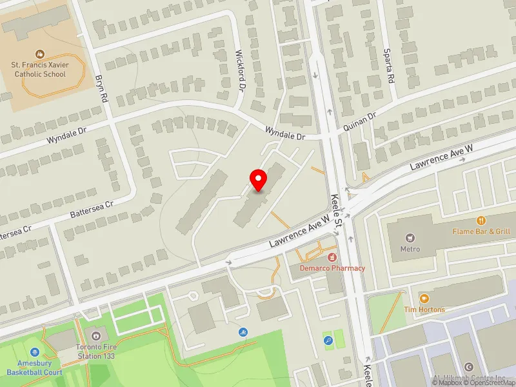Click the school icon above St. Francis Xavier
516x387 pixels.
coord(39,54)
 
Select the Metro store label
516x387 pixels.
coord(410,249)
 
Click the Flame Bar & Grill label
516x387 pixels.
coord(481,232)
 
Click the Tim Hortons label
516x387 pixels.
coord(424,310)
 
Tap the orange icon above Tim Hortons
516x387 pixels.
coord(424,299)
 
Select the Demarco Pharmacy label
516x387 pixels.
coord(332,268)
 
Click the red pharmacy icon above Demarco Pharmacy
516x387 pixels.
coord(332,257)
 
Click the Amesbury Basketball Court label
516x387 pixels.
coord(34,368)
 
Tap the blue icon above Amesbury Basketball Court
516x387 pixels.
coord(34,353)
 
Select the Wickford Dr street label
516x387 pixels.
coord(241,71)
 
